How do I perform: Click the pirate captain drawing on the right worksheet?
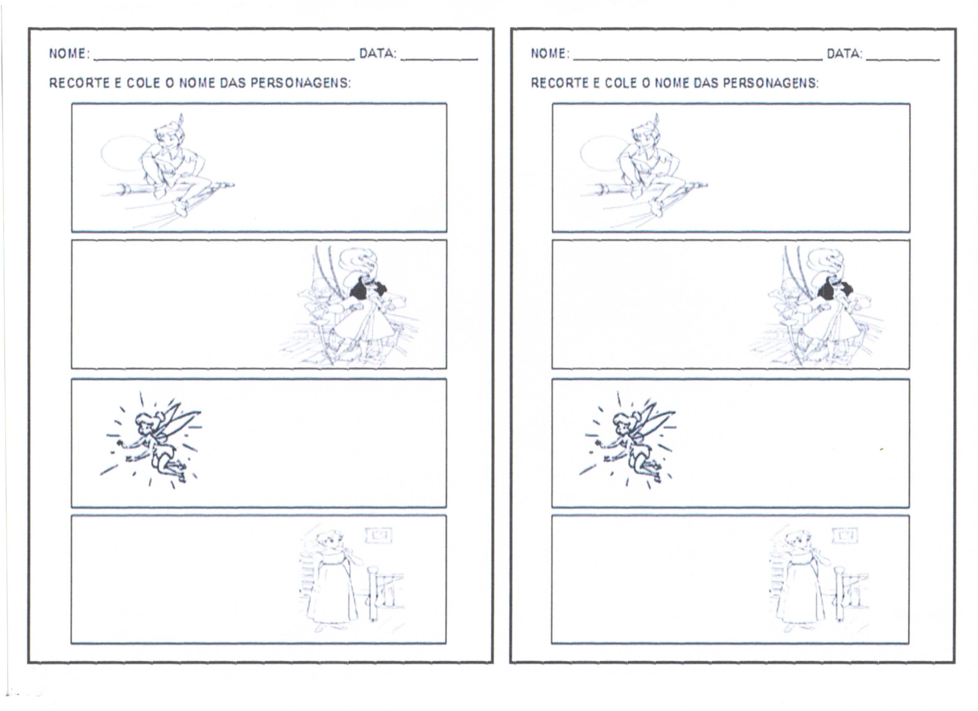click(x=817, y=306)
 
